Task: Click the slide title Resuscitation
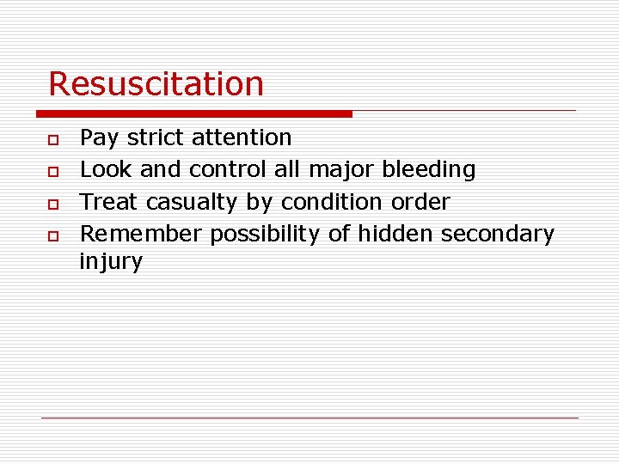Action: [156, 84]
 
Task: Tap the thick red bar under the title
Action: [194, 113]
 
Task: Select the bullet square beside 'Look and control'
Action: [53, 171]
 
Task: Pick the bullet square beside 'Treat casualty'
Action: [53, 204]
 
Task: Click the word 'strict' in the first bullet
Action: [156, 137]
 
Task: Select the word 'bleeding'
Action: [428, 170]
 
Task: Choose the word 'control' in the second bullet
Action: [225, 170]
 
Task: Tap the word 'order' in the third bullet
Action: [421, 203]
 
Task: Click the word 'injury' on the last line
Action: [111, 262]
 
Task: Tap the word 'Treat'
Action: [110, 203]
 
